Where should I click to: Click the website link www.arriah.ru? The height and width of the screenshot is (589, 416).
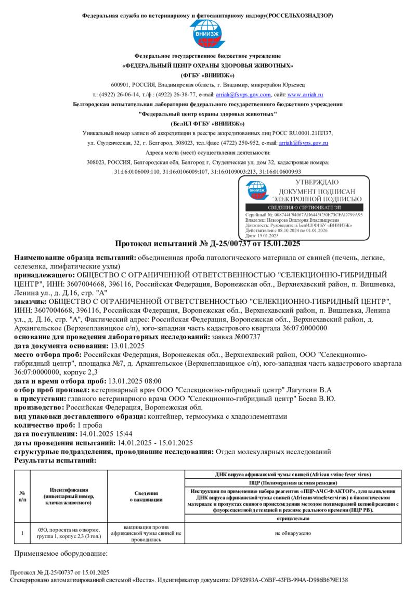pyautogui.click(x=305, y=95)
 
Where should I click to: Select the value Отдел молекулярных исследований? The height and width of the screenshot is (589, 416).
pyautogui.click(x=273, y=452)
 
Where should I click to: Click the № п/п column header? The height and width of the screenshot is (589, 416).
pyautogui.click(x=22, y=496)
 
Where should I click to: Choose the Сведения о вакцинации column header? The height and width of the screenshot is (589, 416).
pyautogui.click(x=146, y=496)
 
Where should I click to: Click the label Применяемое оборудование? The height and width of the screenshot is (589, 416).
pyautogui.click(x=61, y=553)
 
